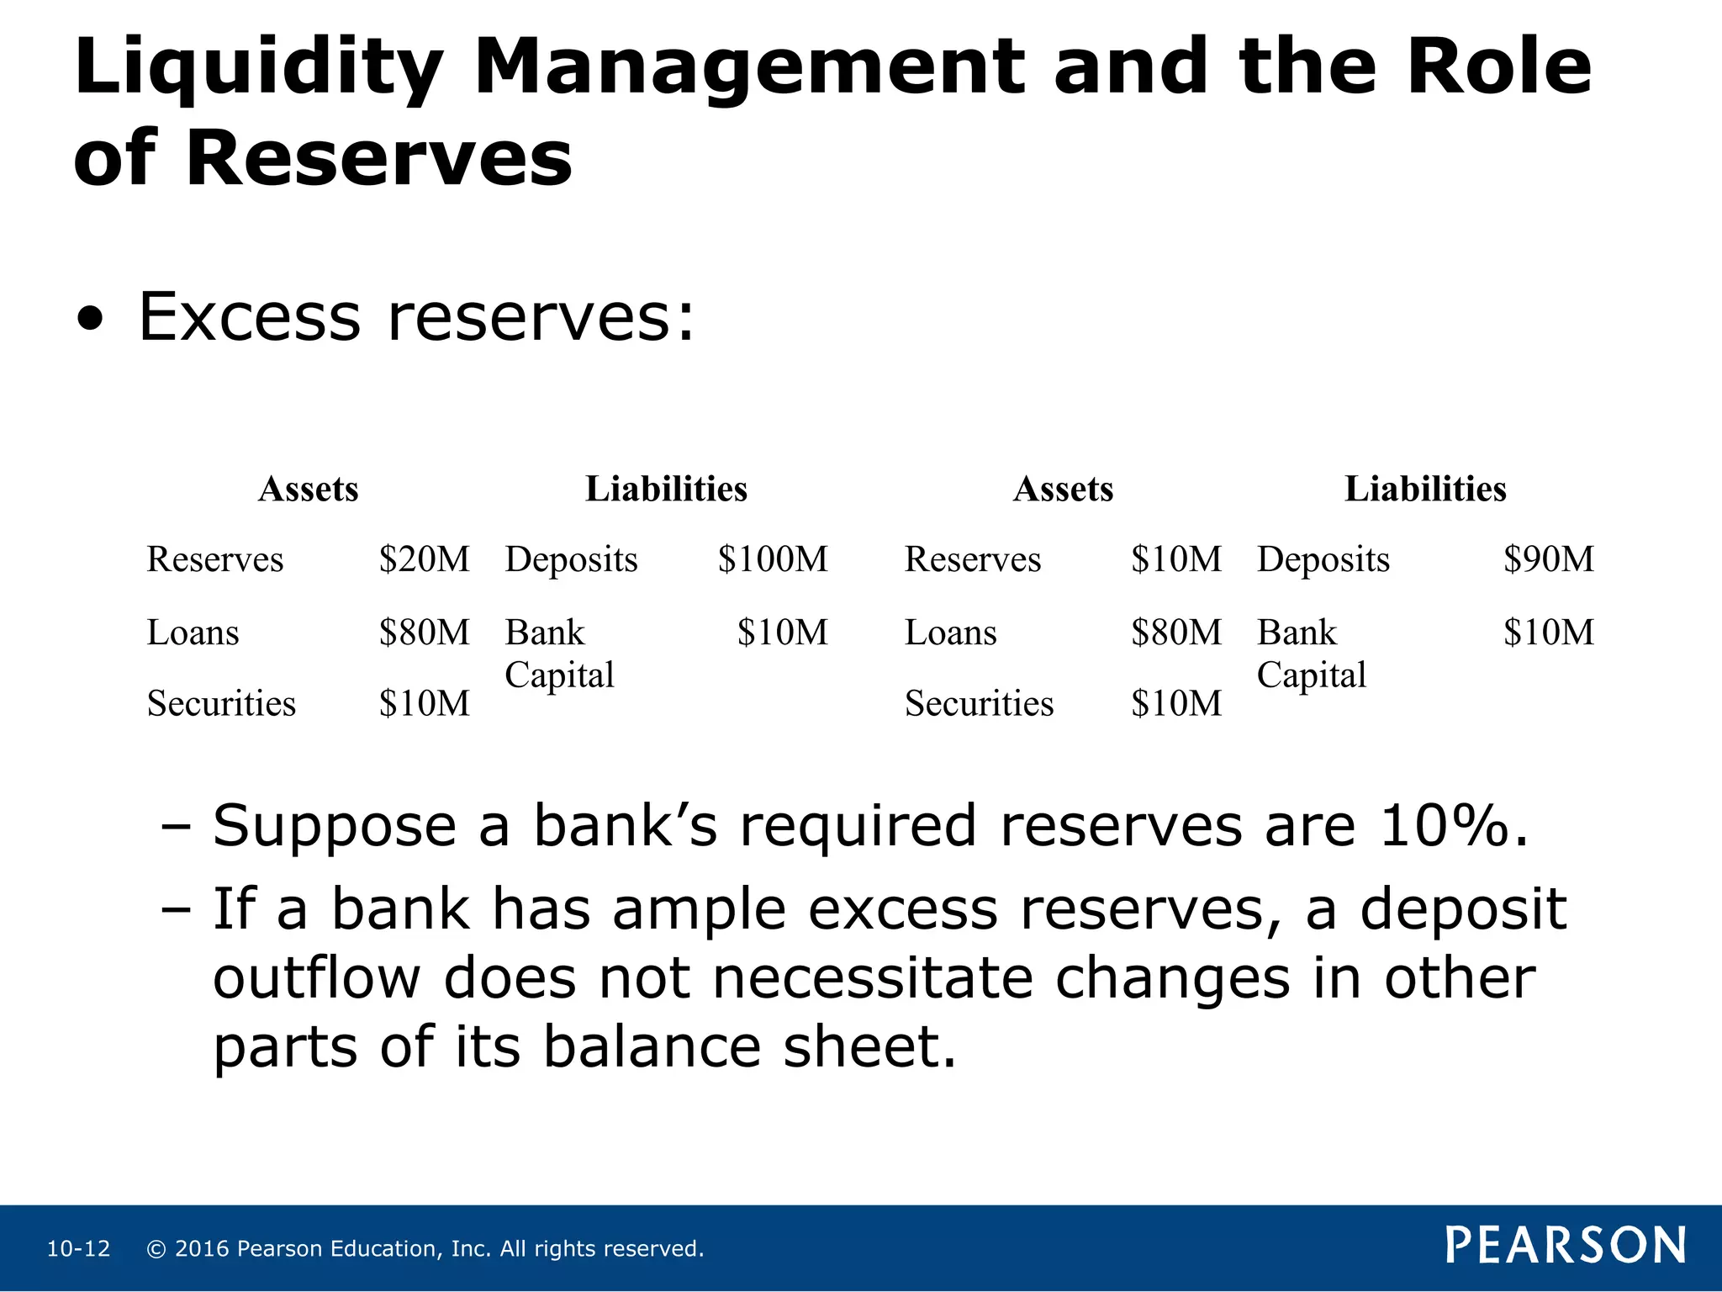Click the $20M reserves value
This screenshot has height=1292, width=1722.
424,559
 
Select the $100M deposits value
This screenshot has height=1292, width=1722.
772,559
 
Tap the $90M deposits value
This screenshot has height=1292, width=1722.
1548,559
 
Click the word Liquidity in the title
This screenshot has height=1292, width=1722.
258,69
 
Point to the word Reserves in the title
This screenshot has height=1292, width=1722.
378,158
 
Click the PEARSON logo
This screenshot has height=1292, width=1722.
1565,1246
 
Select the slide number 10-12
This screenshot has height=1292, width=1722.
78,1248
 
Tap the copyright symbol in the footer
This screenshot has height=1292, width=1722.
156,1248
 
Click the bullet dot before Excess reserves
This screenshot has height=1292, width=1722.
90,320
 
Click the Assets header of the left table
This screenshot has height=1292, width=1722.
308,489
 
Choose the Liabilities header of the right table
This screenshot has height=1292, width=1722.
1424,489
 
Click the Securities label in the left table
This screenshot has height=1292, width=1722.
221,703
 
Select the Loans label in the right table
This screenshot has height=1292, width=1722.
950,633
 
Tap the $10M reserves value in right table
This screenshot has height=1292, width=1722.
1175,559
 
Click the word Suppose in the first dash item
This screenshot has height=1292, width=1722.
334,827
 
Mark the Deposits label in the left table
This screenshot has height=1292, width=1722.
571,560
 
